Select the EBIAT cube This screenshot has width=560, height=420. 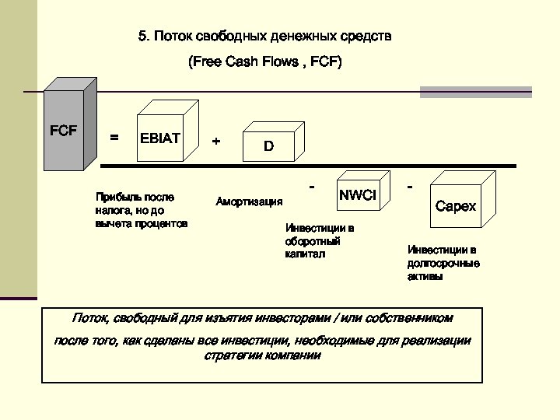tap(160, 138)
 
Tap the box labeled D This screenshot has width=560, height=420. tap(268, 145)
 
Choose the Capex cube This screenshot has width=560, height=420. tap(456, 206)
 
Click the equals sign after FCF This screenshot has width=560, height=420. tap(114, 138)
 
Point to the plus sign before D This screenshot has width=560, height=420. tap(216, 142)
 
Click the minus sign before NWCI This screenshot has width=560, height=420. tap(312, 187)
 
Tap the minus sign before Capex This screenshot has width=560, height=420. tap(410, 187)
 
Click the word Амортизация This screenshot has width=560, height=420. tap(249, 202)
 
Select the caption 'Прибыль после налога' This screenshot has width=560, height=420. tap(141, 210)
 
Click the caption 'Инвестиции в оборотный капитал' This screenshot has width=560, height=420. tap(319, 241)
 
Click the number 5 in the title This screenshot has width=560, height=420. tap(142, 36)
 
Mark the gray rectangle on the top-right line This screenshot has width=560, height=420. tap(475, 92)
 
